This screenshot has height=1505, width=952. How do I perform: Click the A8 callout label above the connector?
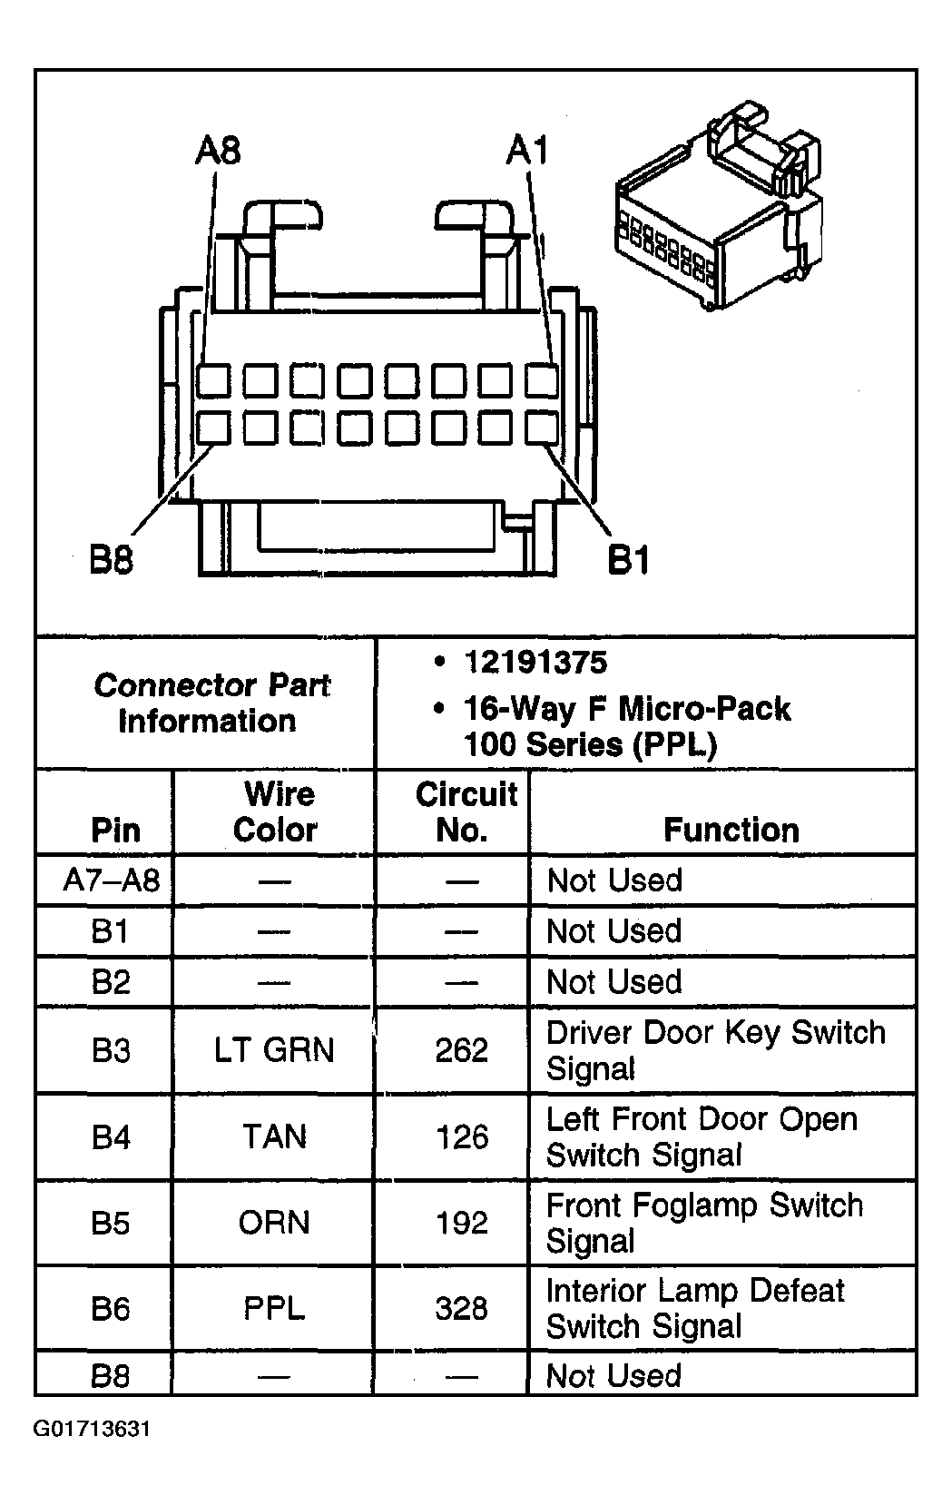[218, 150]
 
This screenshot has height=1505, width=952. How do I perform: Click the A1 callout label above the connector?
[527, 150]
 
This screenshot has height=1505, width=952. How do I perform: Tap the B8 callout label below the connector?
[112, 559]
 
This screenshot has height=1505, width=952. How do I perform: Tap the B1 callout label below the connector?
[628, 559]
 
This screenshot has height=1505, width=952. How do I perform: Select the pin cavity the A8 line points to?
[214, 380]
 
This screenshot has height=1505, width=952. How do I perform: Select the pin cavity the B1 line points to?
[542, 427]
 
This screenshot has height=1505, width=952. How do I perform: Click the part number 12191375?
[535, 663]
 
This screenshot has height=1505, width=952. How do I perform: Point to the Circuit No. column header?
[465, 812]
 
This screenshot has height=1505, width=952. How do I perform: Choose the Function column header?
[731, 830]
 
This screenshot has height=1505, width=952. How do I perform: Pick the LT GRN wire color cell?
[274, 1050]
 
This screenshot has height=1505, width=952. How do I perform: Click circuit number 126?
[462, 1136]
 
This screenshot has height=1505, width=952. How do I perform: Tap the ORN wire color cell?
[274, 1223]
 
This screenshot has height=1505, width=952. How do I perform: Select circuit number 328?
[462, 1308]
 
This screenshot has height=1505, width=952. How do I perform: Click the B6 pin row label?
[110, 1308]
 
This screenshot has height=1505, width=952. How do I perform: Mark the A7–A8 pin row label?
[111, 880]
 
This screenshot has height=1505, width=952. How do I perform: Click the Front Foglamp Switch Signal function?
[704, 1223]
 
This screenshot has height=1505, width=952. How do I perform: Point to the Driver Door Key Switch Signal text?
[715, 1050]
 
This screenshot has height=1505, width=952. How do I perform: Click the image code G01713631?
[92, 1430]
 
